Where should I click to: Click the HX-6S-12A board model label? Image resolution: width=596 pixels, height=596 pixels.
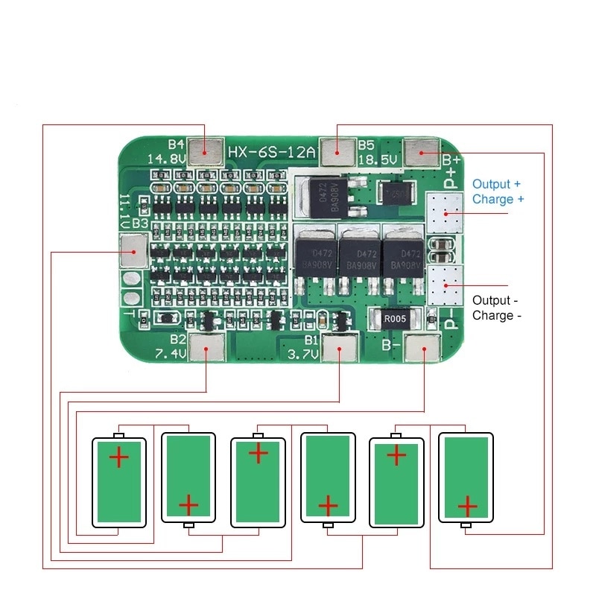[x=273, y=152]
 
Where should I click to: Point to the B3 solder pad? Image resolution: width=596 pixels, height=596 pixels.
[x=133, y=250]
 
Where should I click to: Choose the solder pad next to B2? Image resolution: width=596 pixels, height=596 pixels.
[x=206, y=348]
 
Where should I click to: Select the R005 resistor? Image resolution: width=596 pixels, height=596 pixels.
[x=395, y=319]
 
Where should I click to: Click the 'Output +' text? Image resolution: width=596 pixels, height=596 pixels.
[x=496, y=184]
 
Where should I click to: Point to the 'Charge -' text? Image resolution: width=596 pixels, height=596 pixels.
[x=492, y=315]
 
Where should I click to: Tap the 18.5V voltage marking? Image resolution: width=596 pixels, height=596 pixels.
[x=377, y=159]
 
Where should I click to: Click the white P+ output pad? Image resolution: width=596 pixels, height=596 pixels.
[x=445, y=212]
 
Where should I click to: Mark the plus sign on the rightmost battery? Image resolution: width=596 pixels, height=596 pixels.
[x=467, y=507]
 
